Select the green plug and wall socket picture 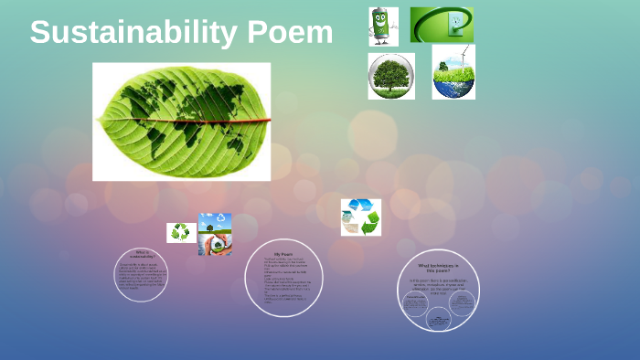(442, 25)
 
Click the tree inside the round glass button (391, 75)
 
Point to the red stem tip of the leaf (266, 121)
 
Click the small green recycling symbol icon (181, 232)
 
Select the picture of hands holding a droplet (216, 235)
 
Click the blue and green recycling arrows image (360, 217)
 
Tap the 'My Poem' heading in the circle (284, 253)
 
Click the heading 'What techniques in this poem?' (439, 267)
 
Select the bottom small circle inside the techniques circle (439, 320)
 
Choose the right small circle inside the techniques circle (463, 302)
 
